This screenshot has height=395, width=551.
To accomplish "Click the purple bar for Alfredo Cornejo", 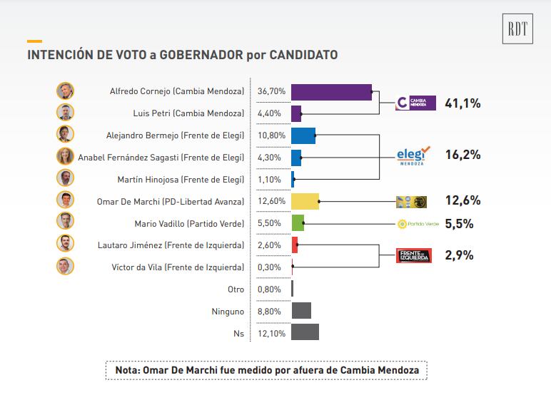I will point(331,91).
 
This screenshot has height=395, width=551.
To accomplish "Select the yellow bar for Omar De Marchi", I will point(305,201).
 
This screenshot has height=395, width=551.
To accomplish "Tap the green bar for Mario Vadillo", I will point(298,223).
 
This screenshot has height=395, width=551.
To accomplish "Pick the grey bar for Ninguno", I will point(301,311).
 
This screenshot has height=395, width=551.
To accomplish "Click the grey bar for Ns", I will point(305,333).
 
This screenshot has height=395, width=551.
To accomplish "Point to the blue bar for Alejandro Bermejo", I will point(303,135).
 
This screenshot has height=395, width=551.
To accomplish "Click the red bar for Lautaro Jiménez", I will point(294,245).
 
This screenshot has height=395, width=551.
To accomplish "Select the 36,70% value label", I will point(271,91).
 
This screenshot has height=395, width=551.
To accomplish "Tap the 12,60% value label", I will point(271,201).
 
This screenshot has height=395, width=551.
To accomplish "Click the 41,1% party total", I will point(462,103).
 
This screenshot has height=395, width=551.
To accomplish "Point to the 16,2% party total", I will point(462,155).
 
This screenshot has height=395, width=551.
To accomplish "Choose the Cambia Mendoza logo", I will point(415,103).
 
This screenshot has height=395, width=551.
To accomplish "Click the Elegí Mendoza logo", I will point(414,155).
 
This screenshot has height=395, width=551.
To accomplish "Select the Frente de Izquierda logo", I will point(414,255).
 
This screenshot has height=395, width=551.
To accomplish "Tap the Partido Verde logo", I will point(418,224).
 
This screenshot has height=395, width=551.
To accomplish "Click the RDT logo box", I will point(517,29).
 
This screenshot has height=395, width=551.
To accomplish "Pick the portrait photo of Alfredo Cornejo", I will point(66,91).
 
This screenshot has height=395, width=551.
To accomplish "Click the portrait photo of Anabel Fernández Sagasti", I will point(66,157).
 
